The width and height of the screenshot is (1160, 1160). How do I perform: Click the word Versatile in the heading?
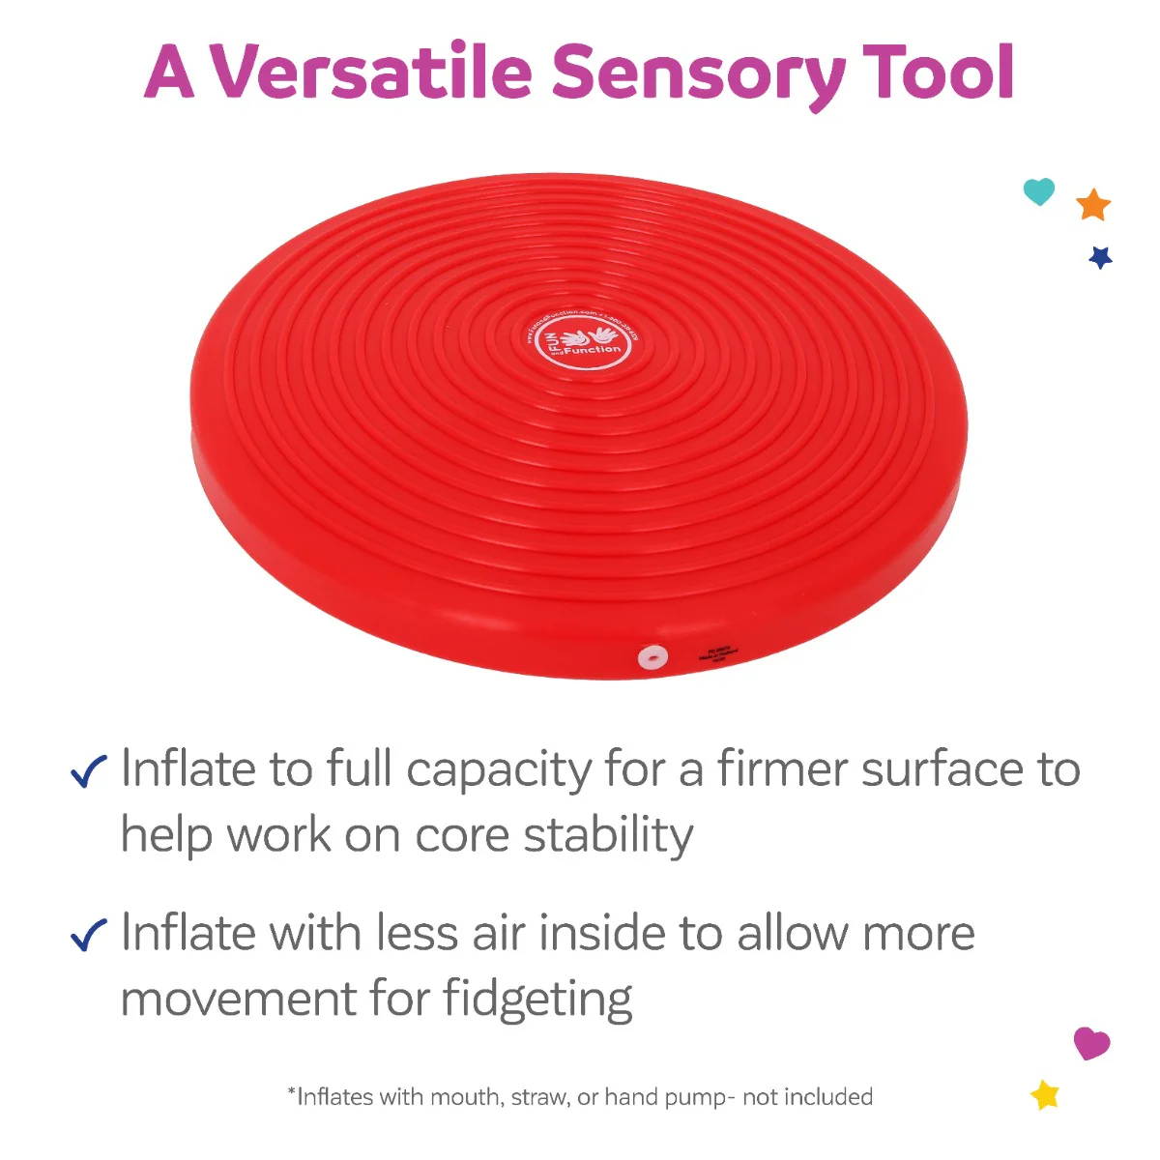[372, 72]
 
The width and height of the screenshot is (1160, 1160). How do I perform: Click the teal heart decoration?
[1039, 191]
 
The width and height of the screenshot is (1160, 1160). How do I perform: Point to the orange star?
[1093, 205]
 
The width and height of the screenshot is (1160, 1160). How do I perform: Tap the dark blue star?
[1100, 257]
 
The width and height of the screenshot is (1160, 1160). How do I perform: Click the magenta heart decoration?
[1091, 1043]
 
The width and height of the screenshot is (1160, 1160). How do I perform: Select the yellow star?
[1045, 1095]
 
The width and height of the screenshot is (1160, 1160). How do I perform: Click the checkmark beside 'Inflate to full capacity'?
[89, 771]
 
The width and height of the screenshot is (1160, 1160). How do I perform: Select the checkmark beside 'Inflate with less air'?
[89, 935]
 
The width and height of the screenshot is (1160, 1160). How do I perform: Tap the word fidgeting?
[537, 1000]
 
